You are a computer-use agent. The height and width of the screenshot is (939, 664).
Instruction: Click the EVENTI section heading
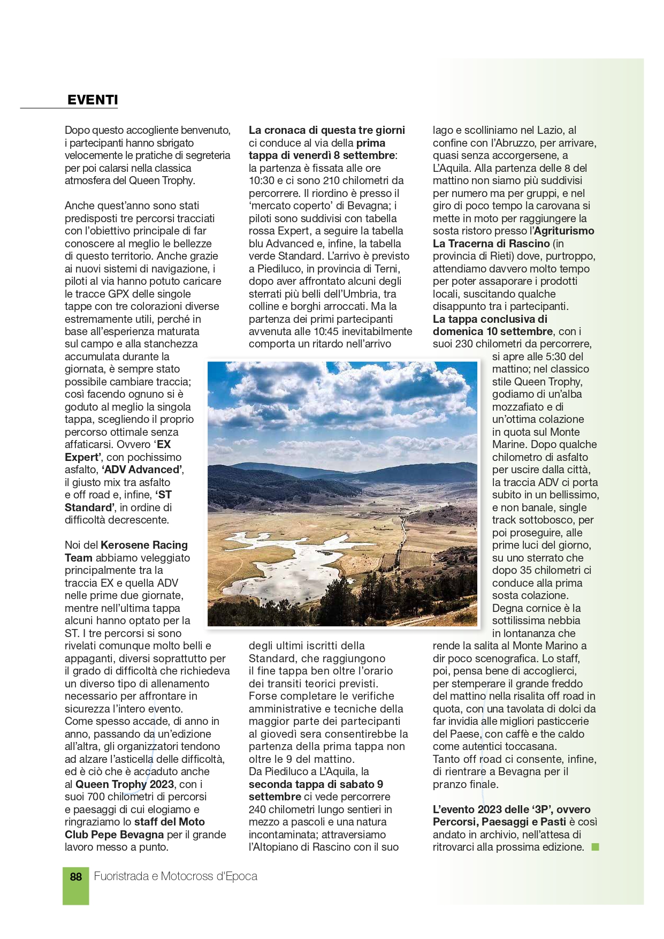pyautogui.click(x=93, y=100)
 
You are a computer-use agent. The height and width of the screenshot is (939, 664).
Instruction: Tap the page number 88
pyautogui.click(x=76, y=876)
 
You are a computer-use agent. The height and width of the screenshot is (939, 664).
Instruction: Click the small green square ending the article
pyautogui.click(x=595, y=847)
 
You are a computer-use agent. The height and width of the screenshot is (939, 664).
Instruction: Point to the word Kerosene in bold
pyautogui.click(x=125, y=545)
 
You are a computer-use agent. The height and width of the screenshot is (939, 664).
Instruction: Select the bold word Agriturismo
pyautogui.click(x=564, y=231)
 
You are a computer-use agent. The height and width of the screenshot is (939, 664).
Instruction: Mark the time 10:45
pyautogui.click(x=327, y=331)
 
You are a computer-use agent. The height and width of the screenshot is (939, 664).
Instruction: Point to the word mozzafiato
pyautogui.click(x=520, y=407)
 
